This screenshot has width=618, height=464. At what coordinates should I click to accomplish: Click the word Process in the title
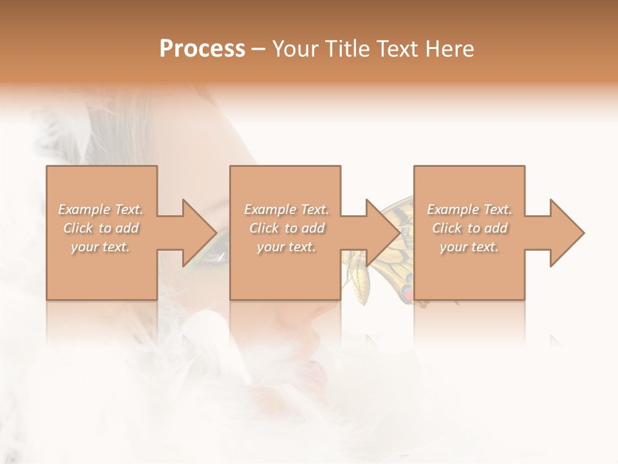[x=202, y=49]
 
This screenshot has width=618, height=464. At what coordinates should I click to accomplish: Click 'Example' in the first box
[x=84, y=209]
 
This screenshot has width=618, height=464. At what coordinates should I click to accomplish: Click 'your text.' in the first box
[x=100, y=247]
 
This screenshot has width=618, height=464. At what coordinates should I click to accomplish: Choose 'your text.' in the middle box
[x=286, y=247]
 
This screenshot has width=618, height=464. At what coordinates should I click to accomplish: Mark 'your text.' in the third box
[x=469, y=247]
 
